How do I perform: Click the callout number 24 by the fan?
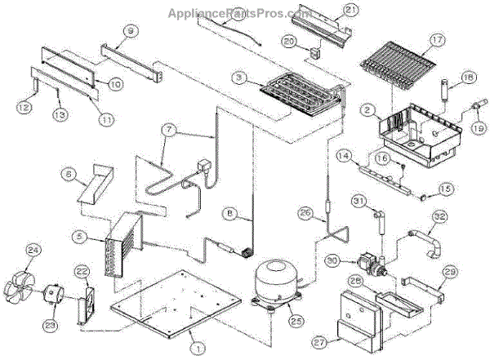coord(33,250)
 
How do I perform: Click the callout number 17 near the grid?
coord(436,38)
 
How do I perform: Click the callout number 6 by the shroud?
coord(69,173)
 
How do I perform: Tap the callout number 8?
coord(231,215)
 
